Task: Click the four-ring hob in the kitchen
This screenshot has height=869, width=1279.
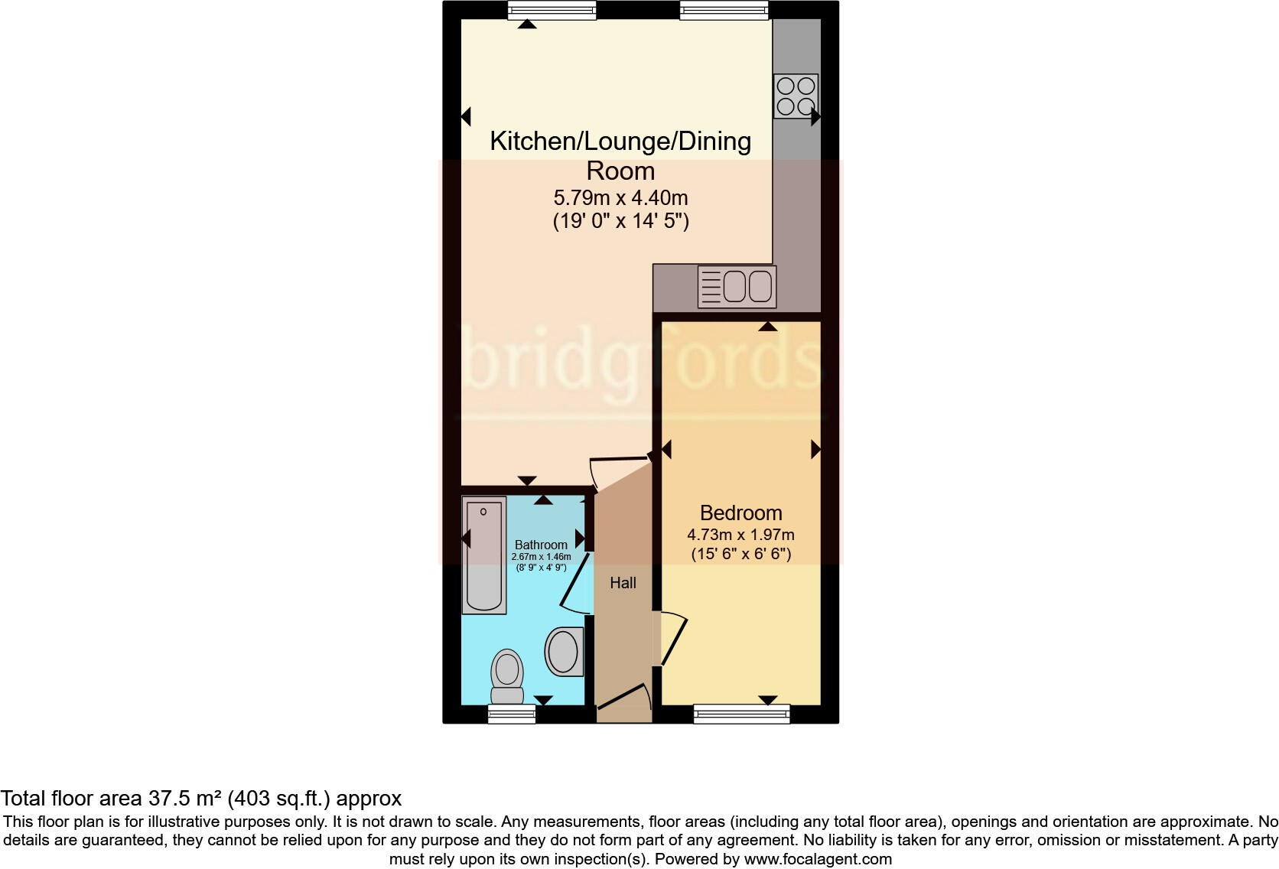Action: coord(796,96)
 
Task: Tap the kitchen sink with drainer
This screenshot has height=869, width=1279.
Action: coord(737,287)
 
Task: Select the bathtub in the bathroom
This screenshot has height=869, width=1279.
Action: coord(484,555)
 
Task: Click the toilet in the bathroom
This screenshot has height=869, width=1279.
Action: coord(506,675)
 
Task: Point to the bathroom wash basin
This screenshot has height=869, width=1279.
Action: coord(565,652)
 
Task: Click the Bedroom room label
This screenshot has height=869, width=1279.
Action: coord(740,513)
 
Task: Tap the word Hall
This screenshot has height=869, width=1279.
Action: coord(623,583)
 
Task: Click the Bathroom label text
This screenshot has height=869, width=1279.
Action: coord(541,545)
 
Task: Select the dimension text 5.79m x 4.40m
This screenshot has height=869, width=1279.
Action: coord(620,198)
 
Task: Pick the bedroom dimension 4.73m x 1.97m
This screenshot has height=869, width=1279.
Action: coord(740,535)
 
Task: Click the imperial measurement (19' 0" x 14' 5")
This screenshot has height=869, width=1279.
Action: coord(620,222)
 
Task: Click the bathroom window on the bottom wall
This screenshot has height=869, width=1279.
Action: coord(512,714)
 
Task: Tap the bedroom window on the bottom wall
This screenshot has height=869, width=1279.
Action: coord(741,714)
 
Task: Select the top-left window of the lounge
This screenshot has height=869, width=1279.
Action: coord(552,10)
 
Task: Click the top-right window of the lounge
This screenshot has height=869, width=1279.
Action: coord(724,10)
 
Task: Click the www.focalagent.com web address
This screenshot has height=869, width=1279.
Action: coord(818,859)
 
